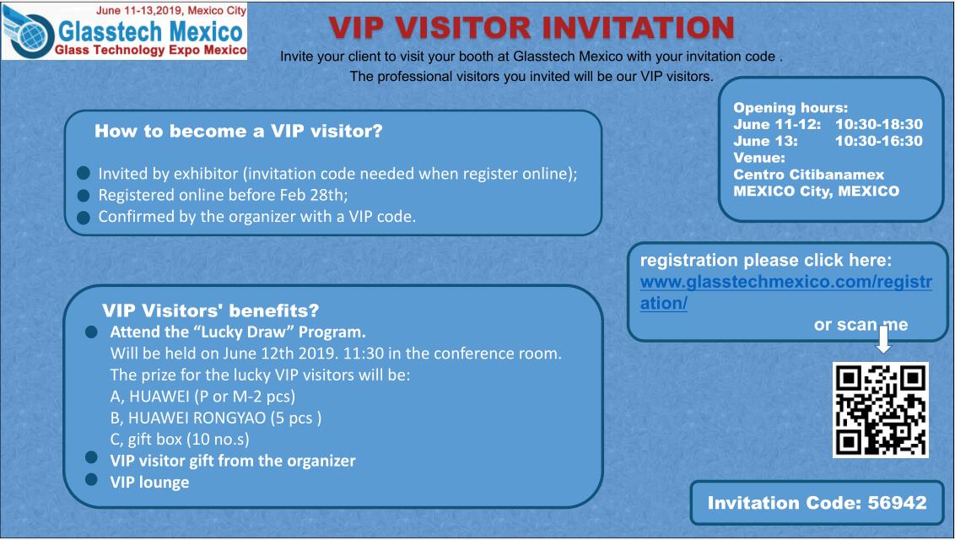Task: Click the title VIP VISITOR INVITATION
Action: point(531,27)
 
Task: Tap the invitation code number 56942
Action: point(897,503)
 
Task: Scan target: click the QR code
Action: point(880,410)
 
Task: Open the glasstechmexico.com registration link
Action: point(785,292)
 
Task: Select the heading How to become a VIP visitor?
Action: point(238,131)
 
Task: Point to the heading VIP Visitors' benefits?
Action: point(211,310)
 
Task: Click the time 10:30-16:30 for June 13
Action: point(879,141)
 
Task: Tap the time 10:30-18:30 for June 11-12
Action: point(879,124)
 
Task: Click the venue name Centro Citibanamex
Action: point(808,175)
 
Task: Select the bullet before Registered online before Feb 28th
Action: point(84,196)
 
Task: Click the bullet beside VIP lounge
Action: point(91,479)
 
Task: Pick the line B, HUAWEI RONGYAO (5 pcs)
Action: point(216,418)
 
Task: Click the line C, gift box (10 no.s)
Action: point(180,440)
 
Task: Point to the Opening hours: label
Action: point(790,108)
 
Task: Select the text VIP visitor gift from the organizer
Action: point(233,461)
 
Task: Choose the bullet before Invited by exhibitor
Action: point(84,174)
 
